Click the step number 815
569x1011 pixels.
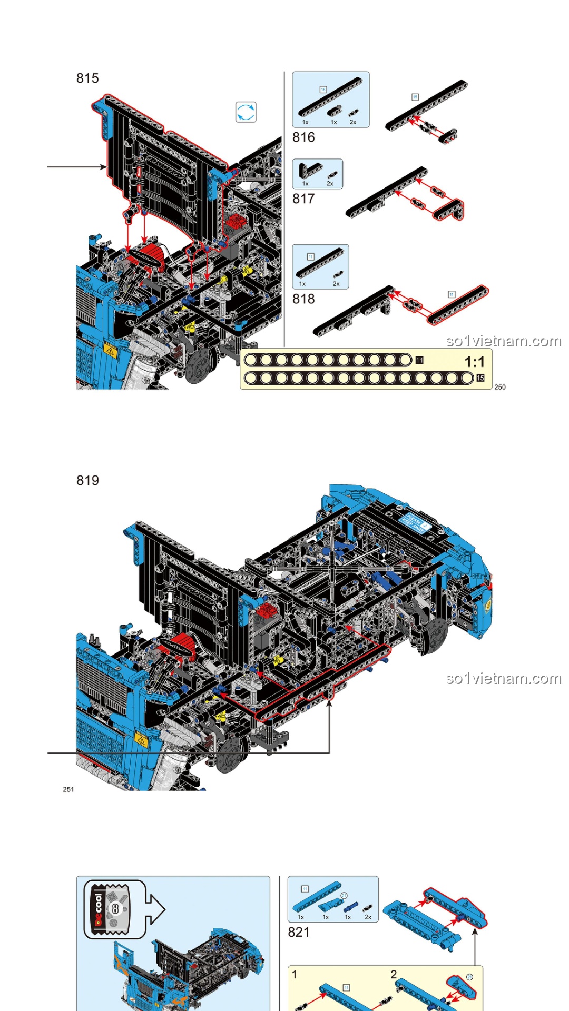(x=87, y=78)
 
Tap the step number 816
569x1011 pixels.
(x=303, y=137)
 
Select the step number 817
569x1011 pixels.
(x=303, y=199)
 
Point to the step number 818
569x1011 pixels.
(x=303, y=299)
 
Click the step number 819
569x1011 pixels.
(x=87, y=481)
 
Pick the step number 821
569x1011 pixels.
(x=299, y=933)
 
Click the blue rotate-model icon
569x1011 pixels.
(x=246, y=112)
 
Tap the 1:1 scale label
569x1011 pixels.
(x=474, y=362)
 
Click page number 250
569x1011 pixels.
(x=500, y=387)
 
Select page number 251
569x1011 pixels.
(x=68, y=789)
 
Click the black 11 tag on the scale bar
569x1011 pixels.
(x=419, y=360)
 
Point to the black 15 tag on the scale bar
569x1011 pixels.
(x=480, y=378)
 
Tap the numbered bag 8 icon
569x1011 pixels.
(x=114, y=908)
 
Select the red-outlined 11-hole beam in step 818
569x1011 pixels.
(x=458, y=305)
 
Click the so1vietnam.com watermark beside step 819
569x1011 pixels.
(x=504, y=678)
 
